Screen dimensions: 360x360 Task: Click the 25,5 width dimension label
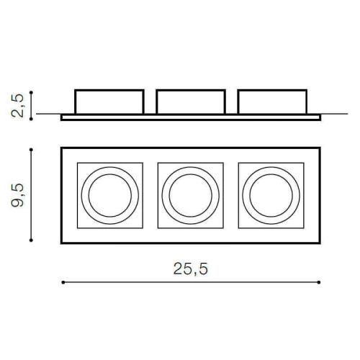191,269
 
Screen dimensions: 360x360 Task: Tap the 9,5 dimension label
17,195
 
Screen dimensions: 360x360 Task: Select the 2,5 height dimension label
17,106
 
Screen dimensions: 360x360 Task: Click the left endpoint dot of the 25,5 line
63,282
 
